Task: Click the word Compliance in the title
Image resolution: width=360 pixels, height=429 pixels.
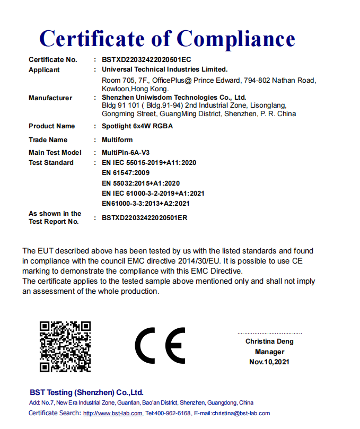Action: tap(235, 38)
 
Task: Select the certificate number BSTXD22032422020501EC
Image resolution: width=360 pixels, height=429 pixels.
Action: tap(146, 60)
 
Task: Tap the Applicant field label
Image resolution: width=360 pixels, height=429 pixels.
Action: tap(44, 70)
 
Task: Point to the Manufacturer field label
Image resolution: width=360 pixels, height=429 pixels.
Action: tap(50, 98)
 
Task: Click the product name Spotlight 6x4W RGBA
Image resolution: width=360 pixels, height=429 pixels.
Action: tap(137, 126)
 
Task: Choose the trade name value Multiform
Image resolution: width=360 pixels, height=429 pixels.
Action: tap(117, 140)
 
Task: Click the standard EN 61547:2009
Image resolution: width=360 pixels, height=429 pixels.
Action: tap(125, 173)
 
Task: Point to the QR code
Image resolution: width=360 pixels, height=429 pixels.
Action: tap(65, 346)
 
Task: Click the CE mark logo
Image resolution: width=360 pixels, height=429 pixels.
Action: tap(160, 345)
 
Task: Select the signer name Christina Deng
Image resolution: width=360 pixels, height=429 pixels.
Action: tap(269, 342)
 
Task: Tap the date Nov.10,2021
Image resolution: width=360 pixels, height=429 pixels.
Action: tap(269, 362)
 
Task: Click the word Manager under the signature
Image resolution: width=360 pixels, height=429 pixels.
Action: tap(269, 352)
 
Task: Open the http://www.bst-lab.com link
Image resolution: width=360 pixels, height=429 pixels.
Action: tap(113, 414)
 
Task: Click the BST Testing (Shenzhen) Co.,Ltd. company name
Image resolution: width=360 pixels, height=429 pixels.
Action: tap(86, 392)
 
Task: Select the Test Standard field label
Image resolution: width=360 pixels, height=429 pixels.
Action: tap(51, 163)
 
